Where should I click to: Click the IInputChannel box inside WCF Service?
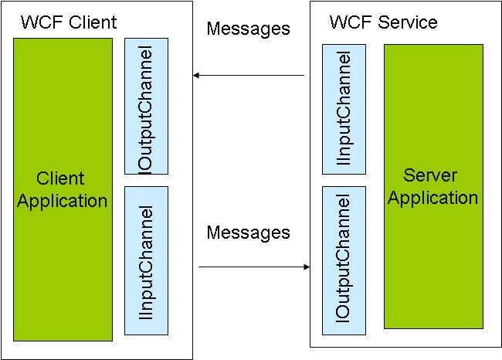point(344,109)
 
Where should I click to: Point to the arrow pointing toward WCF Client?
point(249,75)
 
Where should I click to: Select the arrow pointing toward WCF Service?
point(254,267)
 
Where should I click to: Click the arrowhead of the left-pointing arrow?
point(197,75)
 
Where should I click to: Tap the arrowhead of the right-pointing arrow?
point(306,267)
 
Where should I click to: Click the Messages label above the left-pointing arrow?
point(248,29)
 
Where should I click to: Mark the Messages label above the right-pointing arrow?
point(248,232)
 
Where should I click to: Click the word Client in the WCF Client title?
point(93,22)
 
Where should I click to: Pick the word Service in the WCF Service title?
point(408,22)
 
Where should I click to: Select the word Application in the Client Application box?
point(63,202)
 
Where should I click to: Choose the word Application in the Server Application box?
point(432,198)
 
